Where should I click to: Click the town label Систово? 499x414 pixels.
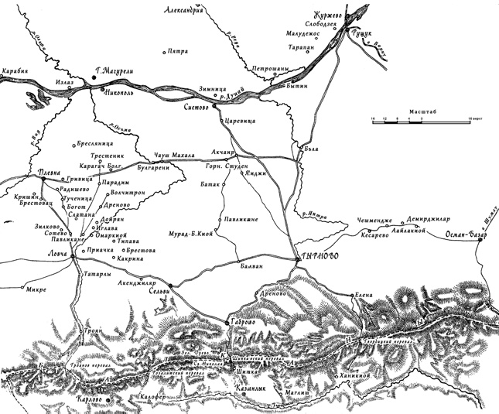tap(197, 108)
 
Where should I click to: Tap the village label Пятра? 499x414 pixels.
tap(177, 52)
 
